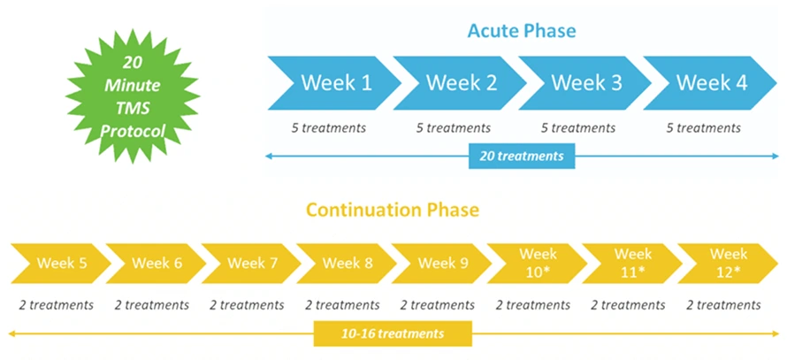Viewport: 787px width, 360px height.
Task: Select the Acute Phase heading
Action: coord(522,31)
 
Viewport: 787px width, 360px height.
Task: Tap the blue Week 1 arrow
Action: coord(332,83)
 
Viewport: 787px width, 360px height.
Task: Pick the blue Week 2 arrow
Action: coord(458,83)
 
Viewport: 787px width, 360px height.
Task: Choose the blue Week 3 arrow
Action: coord(584,83)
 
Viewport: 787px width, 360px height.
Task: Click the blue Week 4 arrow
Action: coord(709,83)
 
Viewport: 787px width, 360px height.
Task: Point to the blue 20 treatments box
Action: coord(522,157)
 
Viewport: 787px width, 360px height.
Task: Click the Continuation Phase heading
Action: coord(393,211)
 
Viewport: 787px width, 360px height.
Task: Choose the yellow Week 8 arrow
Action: coord(345,264)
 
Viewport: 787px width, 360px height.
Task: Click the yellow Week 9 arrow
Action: coord(440,264)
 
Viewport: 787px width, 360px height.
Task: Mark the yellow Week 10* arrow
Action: coord(536,263)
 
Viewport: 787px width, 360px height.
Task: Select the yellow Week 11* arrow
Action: coord(631,263)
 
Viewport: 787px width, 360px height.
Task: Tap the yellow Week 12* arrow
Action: coord(727,263)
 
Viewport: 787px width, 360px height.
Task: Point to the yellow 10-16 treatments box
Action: coord(393,334)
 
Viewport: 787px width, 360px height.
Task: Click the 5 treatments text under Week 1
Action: coord(329,128)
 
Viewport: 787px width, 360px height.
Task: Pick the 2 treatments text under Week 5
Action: coord(57,305)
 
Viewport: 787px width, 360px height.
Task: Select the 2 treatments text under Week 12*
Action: coord(723,305)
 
